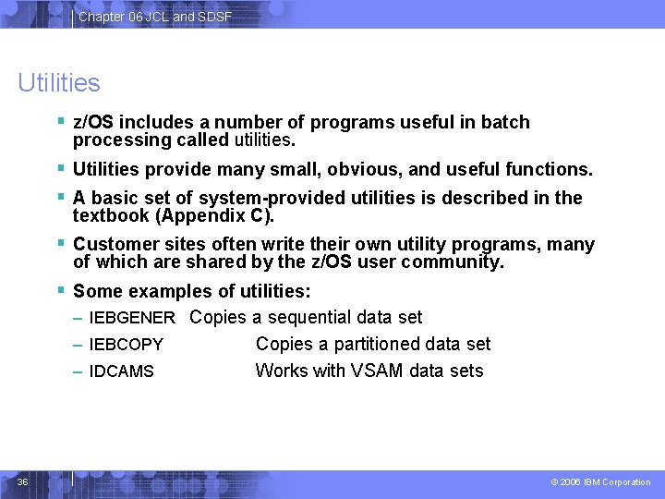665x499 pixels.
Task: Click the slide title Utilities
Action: [x=58, y=83]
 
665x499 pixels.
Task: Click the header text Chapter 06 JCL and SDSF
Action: [x=154, y=17]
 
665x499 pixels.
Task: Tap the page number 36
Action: [x=23, y=481]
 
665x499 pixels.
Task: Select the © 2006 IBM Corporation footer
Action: [x=600, y=482]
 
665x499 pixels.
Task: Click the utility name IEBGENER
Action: [x=132, y=319]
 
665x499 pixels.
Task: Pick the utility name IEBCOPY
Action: [x=126, y=346]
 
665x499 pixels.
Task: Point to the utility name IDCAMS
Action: [x=121, y=372]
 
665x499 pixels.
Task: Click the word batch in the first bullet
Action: [x=505, y=123]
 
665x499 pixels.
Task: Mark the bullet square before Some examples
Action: [x=60, y=290]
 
